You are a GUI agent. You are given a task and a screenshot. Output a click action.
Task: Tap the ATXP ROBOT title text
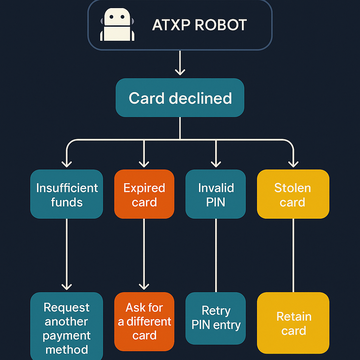click(x=199, y=25)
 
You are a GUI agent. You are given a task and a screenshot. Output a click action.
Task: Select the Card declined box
click(x=180, y=98)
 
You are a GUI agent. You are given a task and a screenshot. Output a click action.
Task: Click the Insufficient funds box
click(x=66, y=194)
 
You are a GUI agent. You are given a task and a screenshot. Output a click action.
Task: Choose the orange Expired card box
click(x=144, y=194)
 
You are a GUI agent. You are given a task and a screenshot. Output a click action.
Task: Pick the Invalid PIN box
click(x=216, y=194)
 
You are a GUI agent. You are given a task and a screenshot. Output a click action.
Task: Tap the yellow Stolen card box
click(x=293, y=194)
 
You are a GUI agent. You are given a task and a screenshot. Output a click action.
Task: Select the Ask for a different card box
click(x=144, y=321)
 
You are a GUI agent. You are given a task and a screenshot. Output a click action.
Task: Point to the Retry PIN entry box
click(x=216, y=318)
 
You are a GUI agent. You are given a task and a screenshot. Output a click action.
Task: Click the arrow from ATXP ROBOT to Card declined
click(x=180, y=63)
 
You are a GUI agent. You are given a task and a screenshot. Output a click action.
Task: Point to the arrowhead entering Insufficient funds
click(x=66, y=163)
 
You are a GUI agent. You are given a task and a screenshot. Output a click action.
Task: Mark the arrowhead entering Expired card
click(x=144, y=163)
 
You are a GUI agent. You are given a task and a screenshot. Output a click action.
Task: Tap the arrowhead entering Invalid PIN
click(x=216, y=163)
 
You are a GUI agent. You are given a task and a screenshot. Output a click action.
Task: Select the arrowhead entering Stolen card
click(x=293, y=163)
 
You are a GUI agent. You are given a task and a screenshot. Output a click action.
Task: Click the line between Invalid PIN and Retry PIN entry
click(x=216, y=255)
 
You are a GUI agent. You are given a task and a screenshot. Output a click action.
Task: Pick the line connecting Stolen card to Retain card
click(x=293, y=255)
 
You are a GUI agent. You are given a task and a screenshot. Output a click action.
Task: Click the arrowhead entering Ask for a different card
click(x=144, y=286)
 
